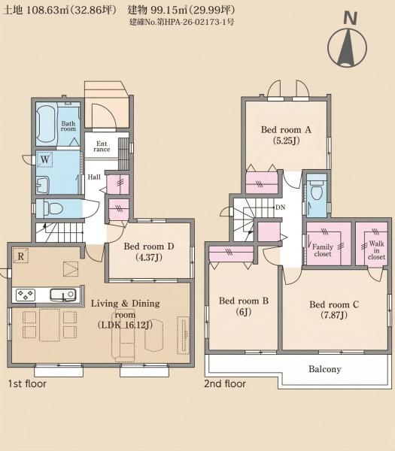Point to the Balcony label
click(325, 369)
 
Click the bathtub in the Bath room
click(46, 124)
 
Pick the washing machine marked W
click(45, 159)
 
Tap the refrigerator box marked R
click(21, 256)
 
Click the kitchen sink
click(63, 295)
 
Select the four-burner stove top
click(26, 295)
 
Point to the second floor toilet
click(317, 190)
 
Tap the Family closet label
click(323, 250)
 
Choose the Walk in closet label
click(377, 250)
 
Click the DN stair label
click(280, 207)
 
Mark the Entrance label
click(102, 147)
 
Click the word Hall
click(94, 177)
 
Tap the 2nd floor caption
click(225, 383)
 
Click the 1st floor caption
click(27, 383)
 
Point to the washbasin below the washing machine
click(43, 185)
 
